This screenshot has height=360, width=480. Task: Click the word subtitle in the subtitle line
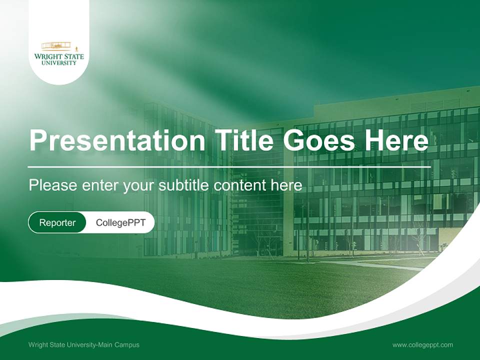pos(184,185)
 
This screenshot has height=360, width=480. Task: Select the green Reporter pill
pos(57,222)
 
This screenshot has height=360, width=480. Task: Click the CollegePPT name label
pos(120,222)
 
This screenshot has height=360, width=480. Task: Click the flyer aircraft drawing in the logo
pos(56,46)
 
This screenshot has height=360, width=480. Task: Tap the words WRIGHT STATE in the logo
pos(59,57)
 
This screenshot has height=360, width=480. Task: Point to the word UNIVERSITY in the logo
pos(59,63)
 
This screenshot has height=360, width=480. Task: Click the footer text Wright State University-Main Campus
pos(84,345)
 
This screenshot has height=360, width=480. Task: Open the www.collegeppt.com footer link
pos(422,345)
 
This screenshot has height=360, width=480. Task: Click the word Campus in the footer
pos(127,345)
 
